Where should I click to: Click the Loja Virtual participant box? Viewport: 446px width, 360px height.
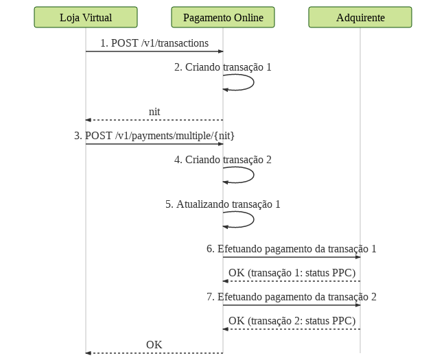86,17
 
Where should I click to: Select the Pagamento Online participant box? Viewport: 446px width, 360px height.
223,17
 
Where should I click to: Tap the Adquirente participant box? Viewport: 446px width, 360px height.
360,17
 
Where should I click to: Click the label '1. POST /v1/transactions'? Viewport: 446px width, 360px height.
154,43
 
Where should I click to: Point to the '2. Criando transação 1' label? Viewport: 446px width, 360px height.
223,67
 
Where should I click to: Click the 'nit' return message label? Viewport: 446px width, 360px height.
154,112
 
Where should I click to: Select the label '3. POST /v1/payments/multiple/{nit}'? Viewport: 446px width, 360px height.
154,136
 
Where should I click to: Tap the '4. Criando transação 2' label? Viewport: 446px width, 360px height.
223,160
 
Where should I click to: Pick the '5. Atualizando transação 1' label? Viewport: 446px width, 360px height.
223,204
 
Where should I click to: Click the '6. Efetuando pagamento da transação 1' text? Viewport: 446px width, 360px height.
292,249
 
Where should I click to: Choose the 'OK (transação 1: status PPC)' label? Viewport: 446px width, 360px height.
292,273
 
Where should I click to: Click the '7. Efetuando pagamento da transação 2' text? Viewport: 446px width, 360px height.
292,297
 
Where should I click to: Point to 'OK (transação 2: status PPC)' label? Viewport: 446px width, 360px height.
292,321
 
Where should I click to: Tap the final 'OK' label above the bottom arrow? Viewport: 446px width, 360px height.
154,345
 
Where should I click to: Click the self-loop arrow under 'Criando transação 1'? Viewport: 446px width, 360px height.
253,82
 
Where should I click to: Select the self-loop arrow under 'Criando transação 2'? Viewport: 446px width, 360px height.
253,175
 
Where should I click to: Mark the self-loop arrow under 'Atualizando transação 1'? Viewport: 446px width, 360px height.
253,219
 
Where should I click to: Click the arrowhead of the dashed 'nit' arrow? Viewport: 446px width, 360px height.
89,120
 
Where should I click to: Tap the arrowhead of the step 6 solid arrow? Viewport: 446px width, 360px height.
357,257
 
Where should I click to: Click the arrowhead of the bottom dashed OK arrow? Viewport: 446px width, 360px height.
89,353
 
